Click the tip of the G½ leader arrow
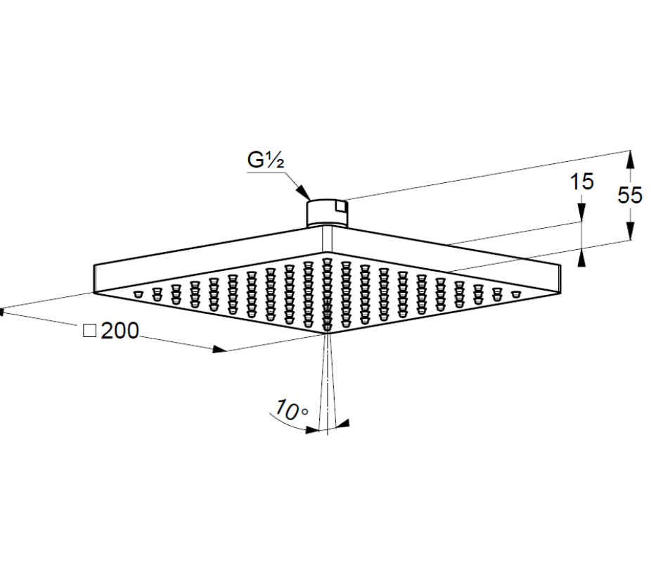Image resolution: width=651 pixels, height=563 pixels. click(311, 201)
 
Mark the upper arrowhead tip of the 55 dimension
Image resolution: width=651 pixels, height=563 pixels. click(630, 151)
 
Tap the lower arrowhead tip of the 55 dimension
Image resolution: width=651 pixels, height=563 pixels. click(630, 240)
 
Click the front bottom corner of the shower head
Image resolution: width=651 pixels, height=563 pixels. click(327, 333)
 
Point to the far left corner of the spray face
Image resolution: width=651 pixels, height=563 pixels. click(94, 293)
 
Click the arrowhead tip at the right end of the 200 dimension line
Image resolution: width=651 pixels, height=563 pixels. click(226, 351)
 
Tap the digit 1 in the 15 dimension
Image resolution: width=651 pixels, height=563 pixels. click(574, 182)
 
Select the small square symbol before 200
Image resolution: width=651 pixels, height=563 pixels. click(90, 331)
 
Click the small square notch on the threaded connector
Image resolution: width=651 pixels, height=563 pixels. click(341, 206)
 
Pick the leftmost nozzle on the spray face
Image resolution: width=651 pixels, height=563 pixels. click(138, 295)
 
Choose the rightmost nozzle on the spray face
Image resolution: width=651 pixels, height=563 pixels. click(515, 295)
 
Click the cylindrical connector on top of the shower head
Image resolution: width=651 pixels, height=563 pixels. click(327, 213)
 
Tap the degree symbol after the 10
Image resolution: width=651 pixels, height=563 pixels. click(305, 412)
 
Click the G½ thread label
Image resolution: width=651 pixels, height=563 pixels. click(266, 160)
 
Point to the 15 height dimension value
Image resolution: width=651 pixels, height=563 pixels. click(581, 182)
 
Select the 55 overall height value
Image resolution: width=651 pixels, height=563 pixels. click(630, 195)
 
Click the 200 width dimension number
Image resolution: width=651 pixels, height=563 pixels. click(120, 331)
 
